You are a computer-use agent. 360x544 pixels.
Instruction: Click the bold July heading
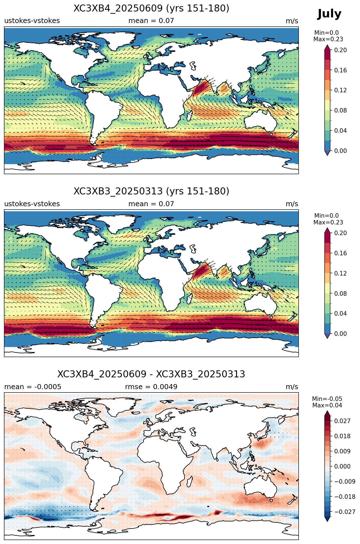click(329, 14)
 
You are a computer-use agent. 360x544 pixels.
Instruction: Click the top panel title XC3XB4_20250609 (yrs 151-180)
click(151, 8)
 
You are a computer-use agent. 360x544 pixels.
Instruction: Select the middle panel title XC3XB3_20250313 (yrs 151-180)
click(151, 191)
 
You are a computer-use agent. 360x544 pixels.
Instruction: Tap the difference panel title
click(151, 374)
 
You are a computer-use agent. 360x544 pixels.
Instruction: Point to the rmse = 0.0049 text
click(151, 387)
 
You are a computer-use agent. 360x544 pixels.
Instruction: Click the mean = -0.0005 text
click(33, 387)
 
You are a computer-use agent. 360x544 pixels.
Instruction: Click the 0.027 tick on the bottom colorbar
click(342, 421)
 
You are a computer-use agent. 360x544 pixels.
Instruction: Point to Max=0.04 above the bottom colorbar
click(327, 405)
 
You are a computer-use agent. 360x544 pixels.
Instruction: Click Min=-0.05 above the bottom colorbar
click(327, 399)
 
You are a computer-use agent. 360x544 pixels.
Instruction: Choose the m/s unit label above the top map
click(292, 21)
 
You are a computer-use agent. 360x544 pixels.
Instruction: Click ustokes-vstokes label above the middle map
click(32, 204)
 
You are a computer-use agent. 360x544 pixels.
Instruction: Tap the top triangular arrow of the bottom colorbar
click(327, 414)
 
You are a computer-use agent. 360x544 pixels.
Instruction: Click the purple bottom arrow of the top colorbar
click(327, 153)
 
